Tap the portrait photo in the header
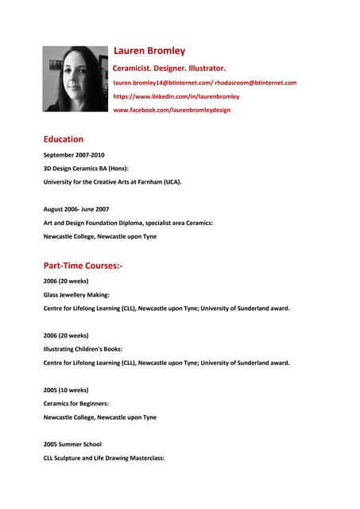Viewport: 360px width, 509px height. pyautogui.click(x=75, y=78)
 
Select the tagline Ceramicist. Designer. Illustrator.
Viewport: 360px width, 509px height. pyautogui.click(x=169, y=68)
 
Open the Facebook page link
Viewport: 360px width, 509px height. pyautogui.click(x=172, y=110)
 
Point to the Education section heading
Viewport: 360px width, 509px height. pyautogui.click(x=64, y=139)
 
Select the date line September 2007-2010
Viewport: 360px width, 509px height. pyautogui.click(x=74, y=155)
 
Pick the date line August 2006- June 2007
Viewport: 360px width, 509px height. pyautogui.click(x=76, y=209)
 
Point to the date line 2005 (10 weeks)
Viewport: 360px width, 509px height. pyautogui.click(x=66, y=390)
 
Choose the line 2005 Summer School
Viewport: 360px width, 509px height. pyautogui.click(x=72, y=445)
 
